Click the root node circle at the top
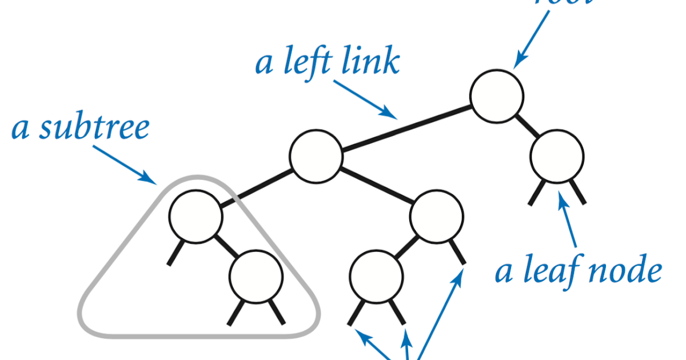click(497, 97)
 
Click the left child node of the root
click(316, 156)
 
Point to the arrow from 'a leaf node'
click(570, 223)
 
